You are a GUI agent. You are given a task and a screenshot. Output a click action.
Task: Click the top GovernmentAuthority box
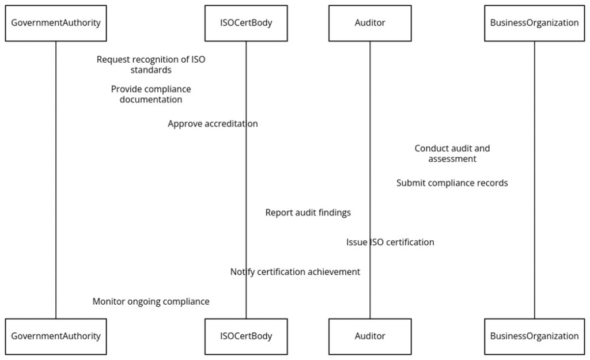tap(56, 24)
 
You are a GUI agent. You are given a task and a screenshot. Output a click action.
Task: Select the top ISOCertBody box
tap(246, 24)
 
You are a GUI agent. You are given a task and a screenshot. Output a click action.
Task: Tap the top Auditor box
tap(370, 24)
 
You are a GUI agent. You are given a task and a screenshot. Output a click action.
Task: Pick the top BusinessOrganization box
tap(534, 24)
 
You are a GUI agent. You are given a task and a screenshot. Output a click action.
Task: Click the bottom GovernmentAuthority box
tap(56, 336)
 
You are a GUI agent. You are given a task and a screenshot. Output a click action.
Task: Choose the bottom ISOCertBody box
tap(246, 336)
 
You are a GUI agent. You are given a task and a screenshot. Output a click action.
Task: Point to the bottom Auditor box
tap(370, 336)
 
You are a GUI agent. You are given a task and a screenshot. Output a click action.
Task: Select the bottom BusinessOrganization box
tap(534, 336)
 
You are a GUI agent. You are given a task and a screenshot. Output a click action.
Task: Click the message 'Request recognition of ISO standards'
tap(151, 65)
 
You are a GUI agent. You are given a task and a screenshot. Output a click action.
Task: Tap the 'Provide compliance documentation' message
tap(151, 94)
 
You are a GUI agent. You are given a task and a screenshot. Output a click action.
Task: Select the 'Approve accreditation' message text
tap(213, 124)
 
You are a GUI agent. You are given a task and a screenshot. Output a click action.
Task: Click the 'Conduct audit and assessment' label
tap(452, 153)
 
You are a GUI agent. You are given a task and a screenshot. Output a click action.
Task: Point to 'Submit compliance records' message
tap(452, 183)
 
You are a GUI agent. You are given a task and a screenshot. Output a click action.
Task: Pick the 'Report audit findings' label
tap(308, 213)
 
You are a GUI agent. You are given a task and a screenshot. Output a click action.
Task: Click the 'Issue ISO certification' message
tap(390, 242)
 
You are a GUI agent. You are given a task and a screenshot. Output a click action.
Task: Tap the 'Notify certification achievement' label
tap(295, 272)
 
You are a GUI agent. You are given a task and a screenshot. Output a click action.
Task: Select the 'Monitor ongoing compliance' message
tap(151, 302)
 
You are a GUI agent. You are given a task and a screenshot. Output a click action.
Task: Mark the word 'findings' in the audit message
tap(334, 213)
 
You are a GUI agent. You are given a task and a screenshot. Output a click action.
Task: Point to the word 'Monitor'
tap(109, 302)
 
